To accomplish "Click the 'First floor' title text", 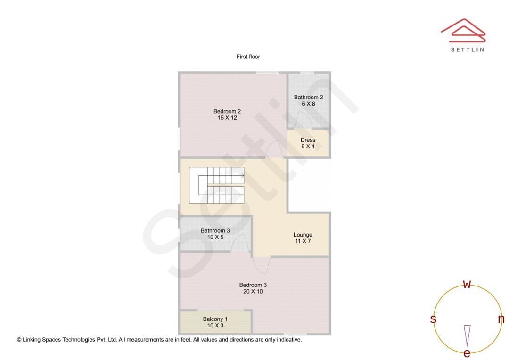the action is point(248,57).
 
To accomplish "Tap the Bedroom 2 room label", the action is point(227,111).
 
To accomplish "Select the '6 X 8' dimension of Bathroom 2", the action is point(308,104).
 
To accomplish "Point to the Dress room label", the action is point(308,140).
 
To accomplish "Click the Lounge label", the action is point(303,235).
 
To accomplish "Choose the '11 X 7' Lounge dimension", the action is point(303,241).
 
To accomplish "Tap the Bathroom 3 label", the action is point(215,230).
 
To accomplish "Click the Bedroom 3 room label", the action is point(253,285).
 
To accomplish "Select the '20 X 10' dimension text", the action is point(253,291).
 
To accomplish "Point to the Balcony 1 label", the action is point(215,319).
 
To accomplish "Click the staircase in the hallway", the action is point(216,185).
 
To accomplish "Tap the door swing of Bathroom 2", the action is point(303,120).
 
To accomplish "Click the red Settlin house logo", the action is point(463,31).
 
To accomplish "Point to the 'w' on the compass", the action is point(467,284).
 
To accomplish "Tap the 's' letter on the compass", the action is point(433,319).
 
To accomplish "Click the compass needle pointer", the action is point(467,335).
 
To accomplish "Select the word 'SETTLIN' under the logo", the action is point(468,49).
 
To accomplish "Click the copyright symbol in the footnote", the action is point(19,340).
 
